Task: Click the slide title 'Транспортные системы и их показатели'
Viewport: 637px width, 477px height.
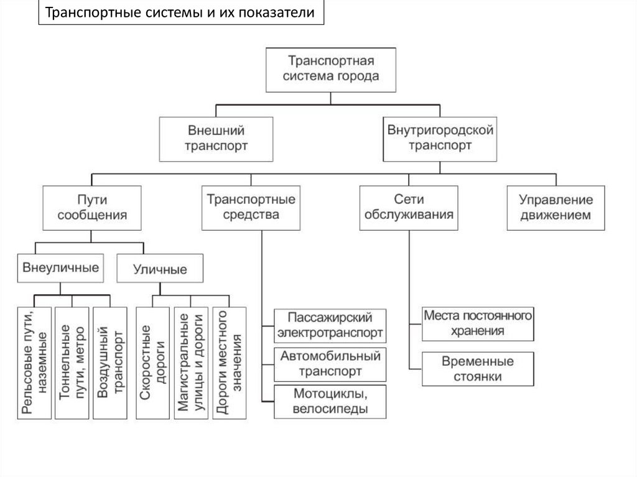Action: (181, 13)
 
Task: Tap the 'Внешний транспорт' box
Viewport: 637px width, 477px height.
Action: (216, 139)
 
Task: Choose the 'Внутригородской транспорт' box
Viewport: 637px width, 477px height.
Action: (440, 139)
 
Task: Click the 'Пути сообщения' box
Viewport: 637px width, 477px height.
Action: (91, 208)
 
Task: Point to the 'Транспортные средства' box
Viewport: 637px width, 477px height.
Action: (251, 208)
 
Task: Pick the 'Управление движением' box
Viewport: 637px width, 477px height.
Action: (556, 208)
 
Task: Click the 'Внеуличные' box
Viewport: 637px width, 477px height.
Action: (60, 269)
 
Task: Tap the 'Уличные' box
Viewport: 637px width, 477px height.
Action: (160, 269)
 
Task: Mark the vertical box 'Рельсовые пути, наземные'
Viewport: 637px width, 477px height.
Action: (35, 363)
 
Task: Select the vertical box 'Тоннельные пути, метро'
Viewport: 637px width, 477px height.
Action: (72, 363)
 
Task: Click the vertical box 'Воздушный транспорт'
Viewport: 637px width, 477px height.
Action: (109, 363)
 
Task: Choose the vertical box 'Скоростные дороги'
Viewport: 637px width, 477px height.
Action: (152, 363)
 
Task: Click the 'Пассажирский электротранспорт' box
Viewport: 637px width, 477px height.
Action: (330, 325)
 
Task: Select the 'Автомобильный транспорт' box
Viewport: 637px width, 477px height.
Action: (330, 364)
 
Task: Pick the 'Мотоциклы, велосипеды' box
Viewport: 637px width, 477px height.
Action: (330, 402)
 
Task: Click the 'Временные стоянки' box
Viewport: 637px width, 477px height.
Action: (478, 369)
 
